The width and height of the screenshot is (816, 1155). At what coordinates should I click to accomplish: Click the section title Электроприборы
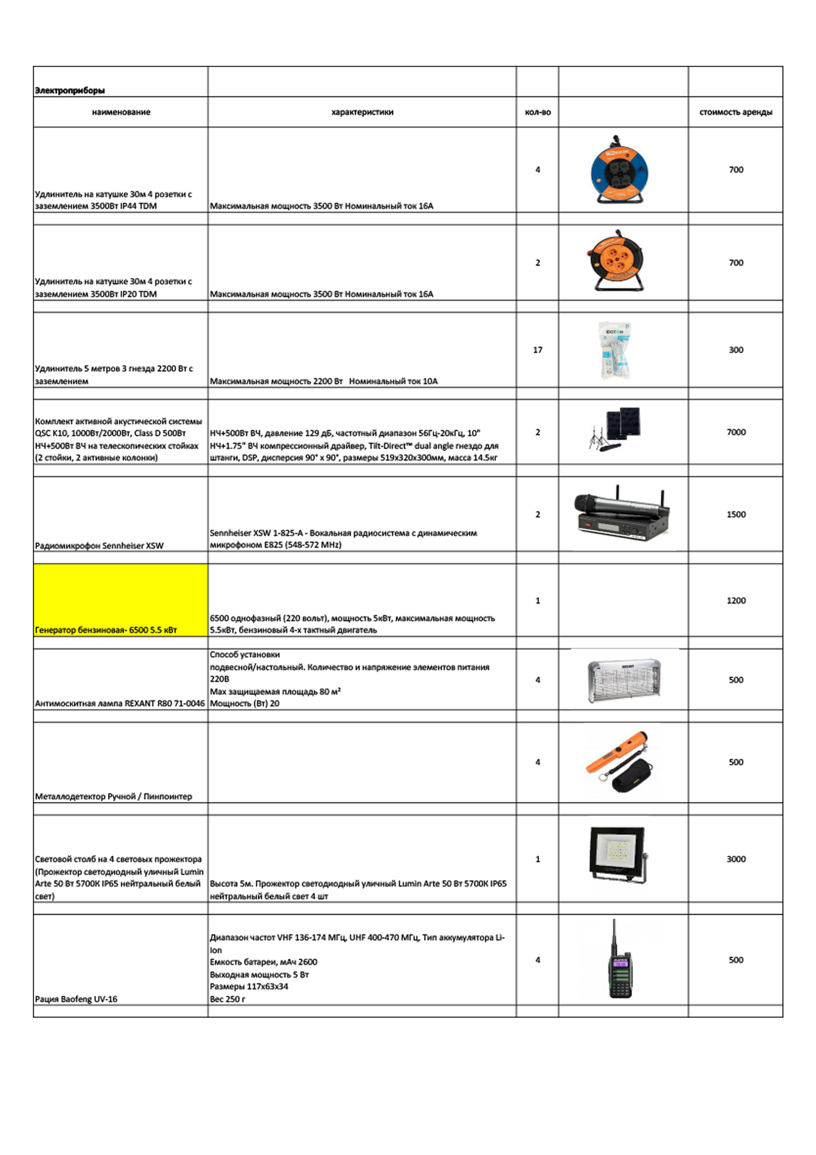[70, 91]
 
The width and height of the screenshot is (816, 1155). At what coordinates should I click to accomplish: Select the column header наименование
[121, 112]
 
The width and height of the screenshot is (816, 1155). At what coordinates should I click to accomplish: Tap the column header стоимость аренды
[735, 112]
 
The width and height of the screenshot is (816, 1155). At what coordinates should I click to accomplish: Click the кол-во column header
[537, 112]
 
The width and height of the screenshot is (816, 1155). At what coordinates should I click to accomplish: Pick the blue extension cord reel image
[619, 170]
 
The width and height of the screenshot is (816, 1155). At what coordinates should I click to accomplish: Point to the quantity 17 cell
[537, 350]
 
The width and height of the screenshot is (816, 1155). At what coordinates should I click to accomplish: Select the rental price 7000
[736, 432]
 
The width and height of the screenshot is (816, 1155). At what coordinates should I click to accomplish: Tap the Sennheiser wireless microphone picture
[622, 515]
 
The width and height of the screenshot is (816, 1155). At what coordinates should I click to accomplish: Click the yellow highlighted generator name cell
[121, 601]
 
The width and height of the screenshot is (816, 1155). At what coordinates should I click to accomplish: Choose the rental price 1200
[736, 601]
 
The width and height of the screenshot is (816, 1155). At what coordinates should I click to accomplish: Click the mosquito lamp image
[623, 680]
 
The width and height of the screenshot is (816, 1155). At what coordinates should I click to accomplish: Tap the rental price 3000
[736, 859]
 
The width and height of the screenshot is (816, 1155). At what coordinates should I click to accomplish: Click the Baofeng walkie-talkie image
[620, 961]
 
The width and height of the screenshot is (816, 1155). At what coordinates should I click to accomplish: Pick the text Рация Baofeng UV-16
[76, 999]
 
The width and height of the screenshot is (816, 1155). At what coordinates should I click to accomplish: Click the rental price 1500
[736, 515]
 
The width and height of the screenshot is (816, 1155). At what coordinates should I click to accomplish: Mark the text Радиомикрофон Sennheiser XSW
[99, 546]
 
